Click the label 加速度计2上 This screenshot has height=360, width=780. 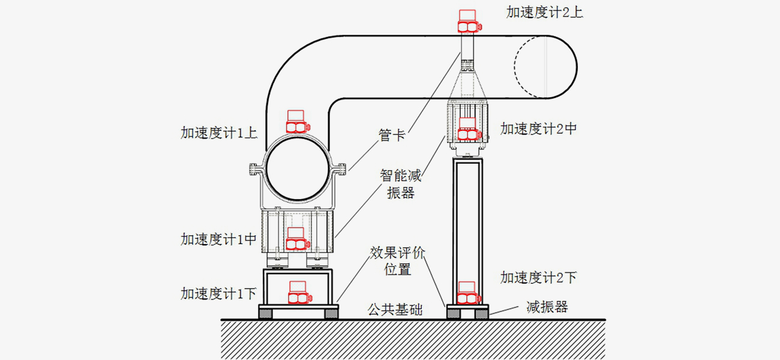pyautogui.click(x=545, y=13)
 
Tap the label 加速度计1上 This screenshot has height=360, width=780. pyautogui.click(x=219, y=133)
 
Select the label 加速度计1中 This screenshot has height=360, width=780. pyautogui.click(x=219, y=239)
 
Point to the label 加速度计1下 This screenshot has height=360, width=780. pyautogui.click(x=219, y=293)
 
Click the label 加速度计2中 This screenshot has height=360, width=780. pyautogui.click(x=539, y=128)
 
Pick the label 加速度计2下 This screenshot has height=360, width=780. pyautogui.click(x=539, y=277)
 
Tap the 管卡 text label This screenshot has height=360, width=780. pyautogui.click(x=392, y=136)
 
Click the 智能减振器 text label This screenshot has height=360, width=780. pyautogui.click(x=401, y=184)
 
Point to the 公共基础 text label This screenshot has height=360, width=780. pyautogui.click(x=395, y=310)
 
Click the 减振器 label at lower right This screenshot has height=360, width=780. pyautogui.click(x=547, y=307)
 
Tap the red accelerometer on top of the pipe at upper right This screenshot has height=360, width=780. pyautogui.click(x=468, y=22)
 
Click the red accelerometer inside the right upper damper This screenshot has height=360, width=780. pyautogui.click(x=468, y=130)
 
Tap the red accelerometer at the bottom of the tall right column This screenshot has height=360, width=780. pyautogui.click(x=468, y=293)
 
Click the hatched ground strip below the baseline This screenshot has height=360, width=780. pyautogui.click(x=414, y=340)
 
